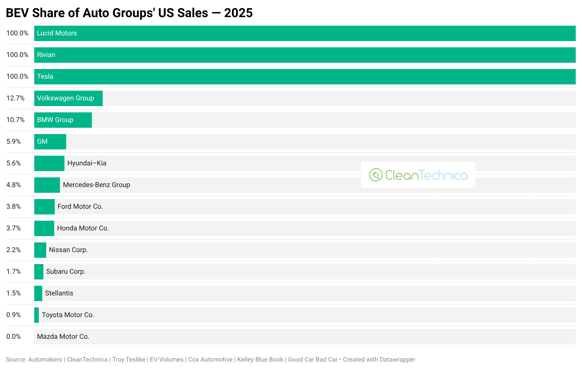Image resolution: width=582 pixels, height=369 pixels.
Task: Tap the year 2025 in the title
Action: (x=238, y=13)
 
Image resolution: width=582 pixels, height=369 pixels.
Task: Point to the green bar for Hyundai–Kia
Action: (x=49, y=163)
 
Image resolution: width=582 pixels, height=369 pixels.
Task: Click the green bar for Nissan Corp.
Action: (x=40, y=250)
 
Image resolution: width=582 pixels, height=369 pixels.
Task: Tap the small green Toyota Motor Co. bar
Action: (x=37, y=315)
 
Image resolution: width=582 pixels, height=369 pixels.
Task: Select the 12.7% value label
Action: (x=15, y=98)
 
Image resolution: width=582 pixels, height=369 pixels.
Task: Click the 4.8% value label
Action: (x=13, y=185)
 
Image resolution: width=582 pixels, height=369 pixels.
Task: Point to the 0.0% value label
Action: (x=13, y=337)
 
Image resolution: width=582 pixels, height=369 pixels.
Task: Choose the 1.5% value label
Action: (x=13, y=293)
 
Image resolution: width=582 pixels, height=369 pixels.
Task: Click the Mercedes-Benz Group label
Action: (x=96, y=185)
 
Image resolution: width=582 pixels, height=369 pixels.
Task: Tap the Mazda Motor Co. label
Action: (x=63, y=337)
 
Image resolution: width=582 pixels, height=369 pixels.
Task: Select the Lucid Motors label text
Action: (x=57, y=33)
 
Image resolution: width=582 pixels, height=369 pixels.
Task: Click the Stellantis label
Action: (x=59, y=293)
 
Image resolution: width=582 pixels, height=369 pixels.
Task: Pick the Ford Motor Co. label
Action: (x=80, y=207)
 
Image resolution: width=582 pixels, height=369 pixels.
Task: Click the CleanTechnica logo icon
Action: (x=376, y=175)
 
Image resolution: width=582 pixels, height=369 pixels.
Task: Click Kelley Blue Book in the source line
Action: (x=260, y=360)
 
